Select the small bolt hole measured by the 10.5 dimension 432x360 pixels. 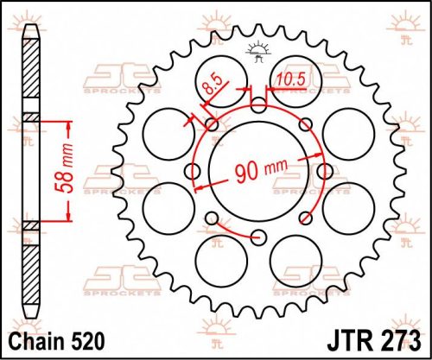[259, 106]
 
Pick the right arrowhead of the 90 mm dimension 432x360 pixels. [322, 154]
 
